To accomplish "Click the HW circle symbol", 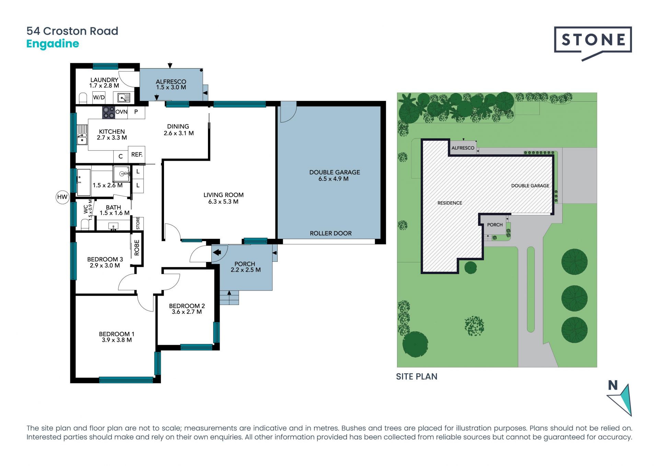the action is [x=62, y=197].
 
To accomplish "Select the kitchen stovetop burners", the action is [x=108, y=113].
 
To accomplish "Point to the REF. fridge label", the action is [x=137, y=155].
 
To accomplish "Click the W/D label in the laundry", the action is [x=99, y=98].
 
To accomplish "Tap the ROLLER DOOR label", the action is [x=331, y=234].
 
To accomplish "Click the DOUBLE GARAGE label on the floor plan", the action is [x=335, y=172].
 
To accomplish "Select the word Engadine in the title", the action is [x=53, y=44].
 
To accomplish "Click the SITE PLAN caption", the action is [x=417, y=377].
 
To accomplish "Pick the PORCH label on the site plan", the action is [x=495, y=225].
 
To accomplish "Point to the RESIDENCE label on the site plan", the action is [x=450, y=203].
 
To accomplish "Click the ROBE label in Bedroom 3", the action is [x=137, y=248].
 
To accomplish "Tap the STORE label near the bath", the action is [x=138, y=223].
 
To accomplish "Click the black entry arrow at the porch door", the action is [x=217, y=253].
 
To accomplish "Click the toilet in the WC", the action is [x=84, y=224].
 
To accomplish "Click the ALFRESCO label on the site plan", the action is [x=463, y=148].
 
